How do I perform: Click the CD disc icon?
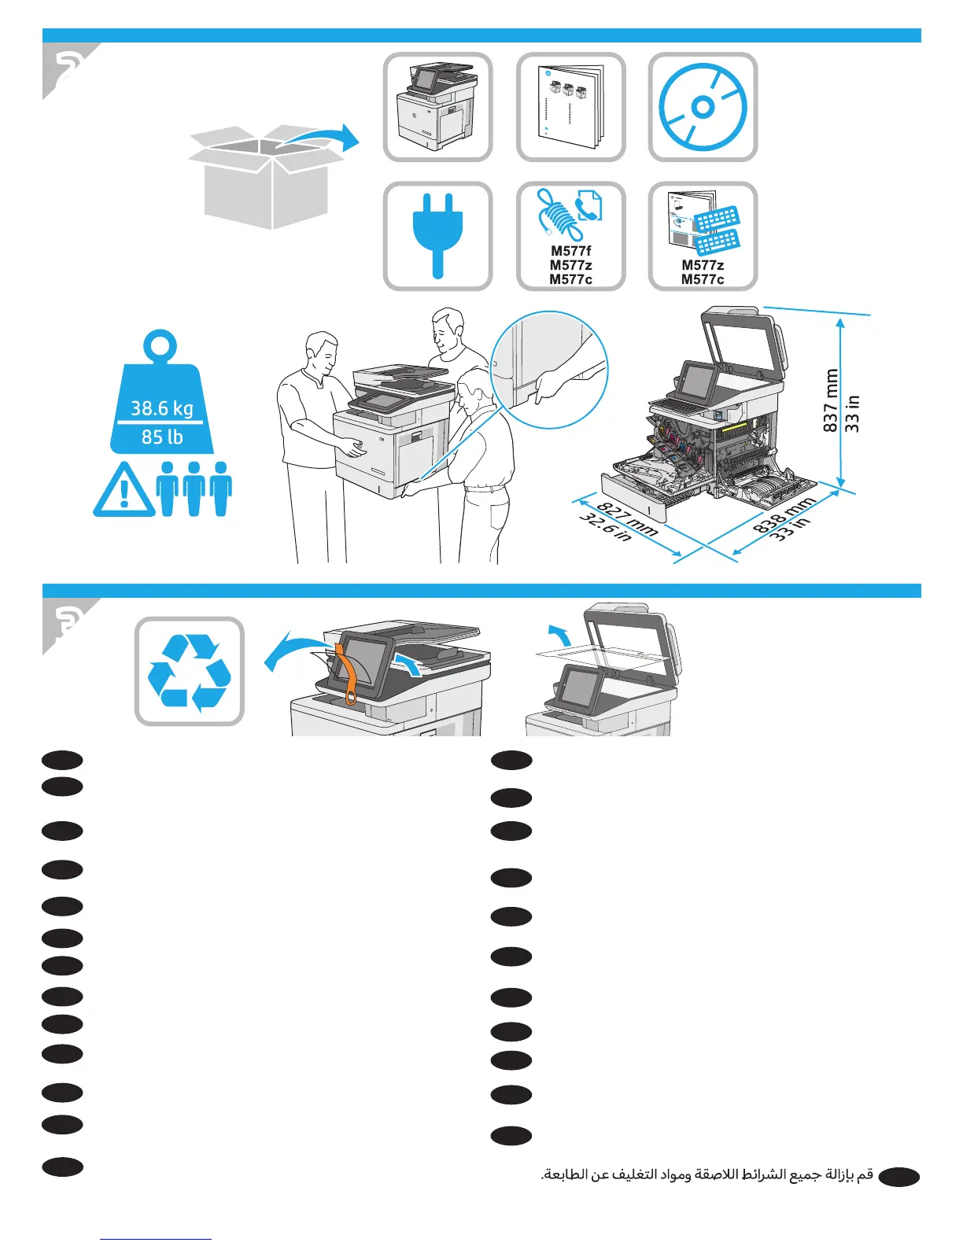(703, 107)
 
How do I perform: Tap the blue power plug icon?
(437, 235)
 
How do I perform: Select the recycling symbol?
(190, 672)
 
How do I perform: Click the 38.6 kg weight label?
(162, 408)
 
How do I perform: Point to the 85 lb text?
(162, 437)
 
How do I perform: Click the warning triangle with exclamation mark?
(124, 492)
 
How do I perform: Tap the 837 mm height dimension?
(832, 400)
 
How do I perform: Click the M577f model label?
(571, 251)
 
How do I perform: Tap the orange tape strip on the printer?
(346, 673)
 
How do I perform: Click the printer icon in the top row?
(437, 107)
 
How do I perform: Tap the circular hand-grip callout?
(549, 370)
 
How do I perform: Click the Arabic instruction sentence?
(707, 1175)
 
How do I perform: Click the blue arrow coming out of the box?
(323, 140)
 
